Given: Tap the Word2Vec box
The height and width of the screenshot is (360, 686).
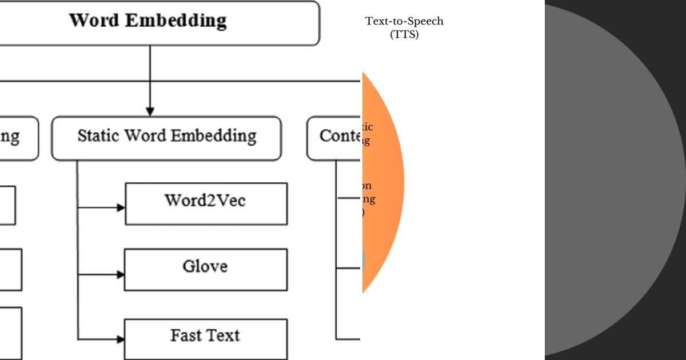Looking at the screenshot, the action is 206,203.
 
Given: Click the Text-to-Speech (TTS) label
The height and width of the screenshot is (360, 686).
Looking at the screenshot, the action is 404,27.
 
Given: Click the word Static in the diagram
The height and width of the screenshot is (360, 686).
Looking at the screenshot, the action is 98,136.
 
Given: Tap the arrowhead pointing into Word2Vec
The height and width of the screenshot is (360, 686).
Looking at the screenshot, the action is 121,208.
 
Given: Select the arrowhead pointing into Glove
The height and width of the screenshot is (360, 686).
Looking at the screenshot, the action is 121,275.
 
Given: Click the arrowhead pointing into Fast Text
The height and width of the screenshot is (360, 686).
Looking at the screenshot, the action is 121,339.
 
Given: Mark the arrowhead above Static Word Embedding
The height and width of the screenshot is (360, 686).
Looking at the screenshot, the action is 150,111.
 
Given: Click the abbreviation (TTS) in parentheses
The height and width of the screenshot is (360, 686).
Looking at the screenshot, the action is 404,34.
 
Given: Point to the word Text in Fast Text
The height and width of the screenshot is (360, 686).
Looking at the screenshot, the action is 222,335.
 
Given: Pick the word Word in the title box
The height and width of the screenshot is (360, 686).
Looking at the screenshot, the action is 94,21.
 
